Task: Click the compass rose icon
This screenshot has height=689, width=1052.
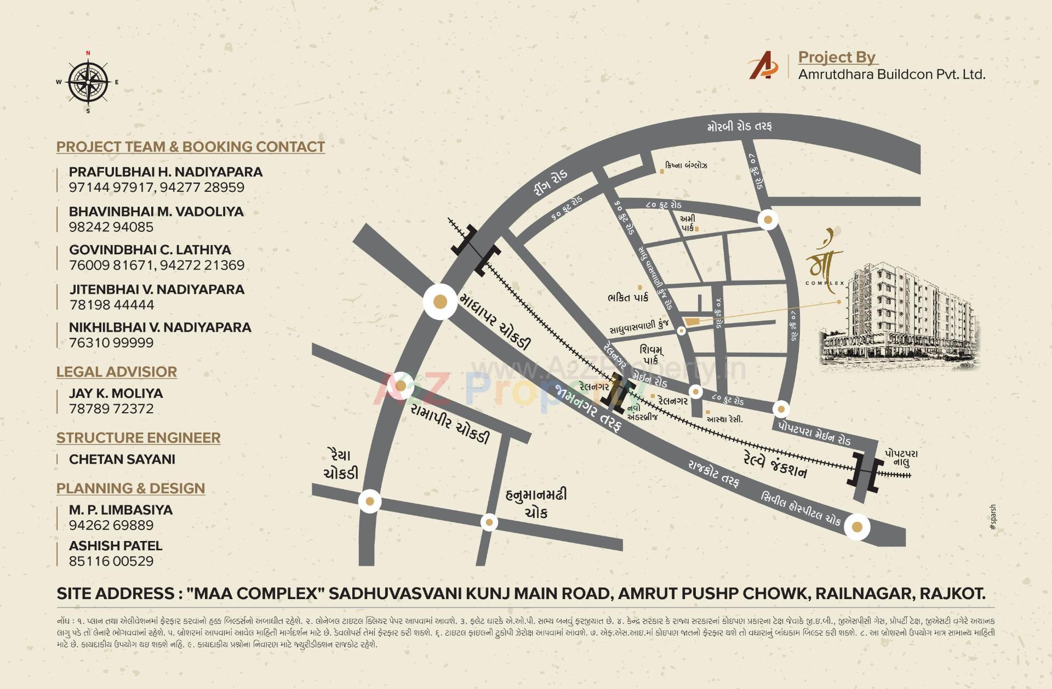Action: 88,83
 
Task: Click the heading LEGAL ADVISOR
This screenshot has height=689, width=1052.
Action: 117,372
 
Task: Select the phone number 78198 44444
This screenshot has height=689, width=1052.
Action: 112,305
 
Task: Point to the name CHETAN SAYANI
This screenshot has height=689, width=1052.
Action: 122,459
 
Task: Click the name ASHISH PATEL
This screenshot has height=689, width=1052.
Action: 116,546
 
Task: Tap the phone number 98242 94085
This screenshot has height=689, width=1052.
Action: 111,227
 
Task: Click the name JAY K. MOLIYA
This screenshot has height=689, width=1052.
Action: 116,394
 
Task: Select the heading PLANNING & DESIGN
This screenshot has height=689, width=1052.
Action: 130,488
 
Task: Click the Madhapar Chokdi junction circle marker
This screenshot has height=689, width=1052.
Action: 441,301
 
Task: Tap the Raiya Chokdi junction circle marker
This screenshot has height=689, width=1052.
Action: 370,501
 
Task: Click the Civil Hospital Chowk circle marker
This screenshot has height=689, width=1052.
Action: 857,527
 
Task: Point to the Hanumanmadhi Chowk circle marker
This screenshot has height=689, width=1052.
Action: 489,522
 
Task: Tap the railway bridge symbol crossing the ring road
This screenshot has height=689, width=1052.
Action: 476,250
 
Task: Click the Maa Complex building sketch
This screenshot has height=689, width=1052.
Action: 899,318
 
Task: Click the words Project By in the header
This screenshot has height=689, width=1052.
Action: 837,57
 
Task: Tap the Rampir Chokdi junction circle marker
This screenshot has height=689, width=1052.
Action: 401,386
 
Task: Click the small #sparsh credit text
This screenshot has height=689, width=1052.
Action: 993,517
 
